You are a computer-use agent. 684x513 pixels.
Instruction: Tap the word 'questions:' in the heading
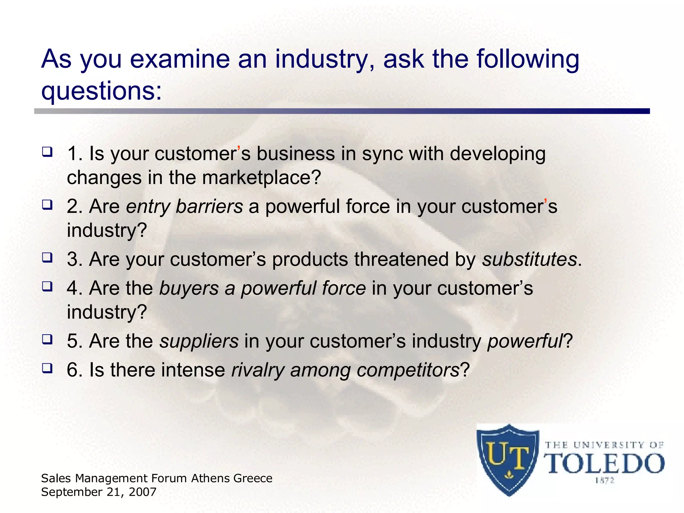(x=101, y=92)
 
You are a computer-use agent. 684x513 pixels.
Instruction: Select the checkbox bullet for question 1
(x=47, y=152)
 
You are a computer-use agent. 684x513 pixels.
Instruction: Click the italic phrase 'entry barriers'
(x=184, y=207)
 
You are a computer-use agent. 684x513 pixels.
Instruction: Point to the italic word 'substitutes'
(x=529, y=260)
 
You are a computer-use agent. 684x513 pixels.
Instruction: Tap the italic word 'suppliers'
(x=199, y=341)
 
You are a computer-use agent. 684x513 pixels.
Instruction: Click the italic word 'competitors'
(x=408, y=370)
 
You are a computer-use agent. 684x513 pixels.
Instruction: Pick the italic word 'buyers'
(x=189, y=289)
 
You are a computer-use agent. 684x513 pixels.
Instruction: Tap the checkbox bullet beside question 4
(x=47, y=287)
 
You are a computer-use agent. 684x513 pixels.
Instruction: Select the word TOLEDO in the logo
(x=604, y=464)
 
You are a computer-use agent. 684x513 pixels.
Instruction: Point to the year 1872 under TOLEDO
(x=605, y=481)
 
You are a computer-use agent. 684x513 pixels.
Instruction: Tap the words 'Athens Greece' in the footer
(x=232, y=479)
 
